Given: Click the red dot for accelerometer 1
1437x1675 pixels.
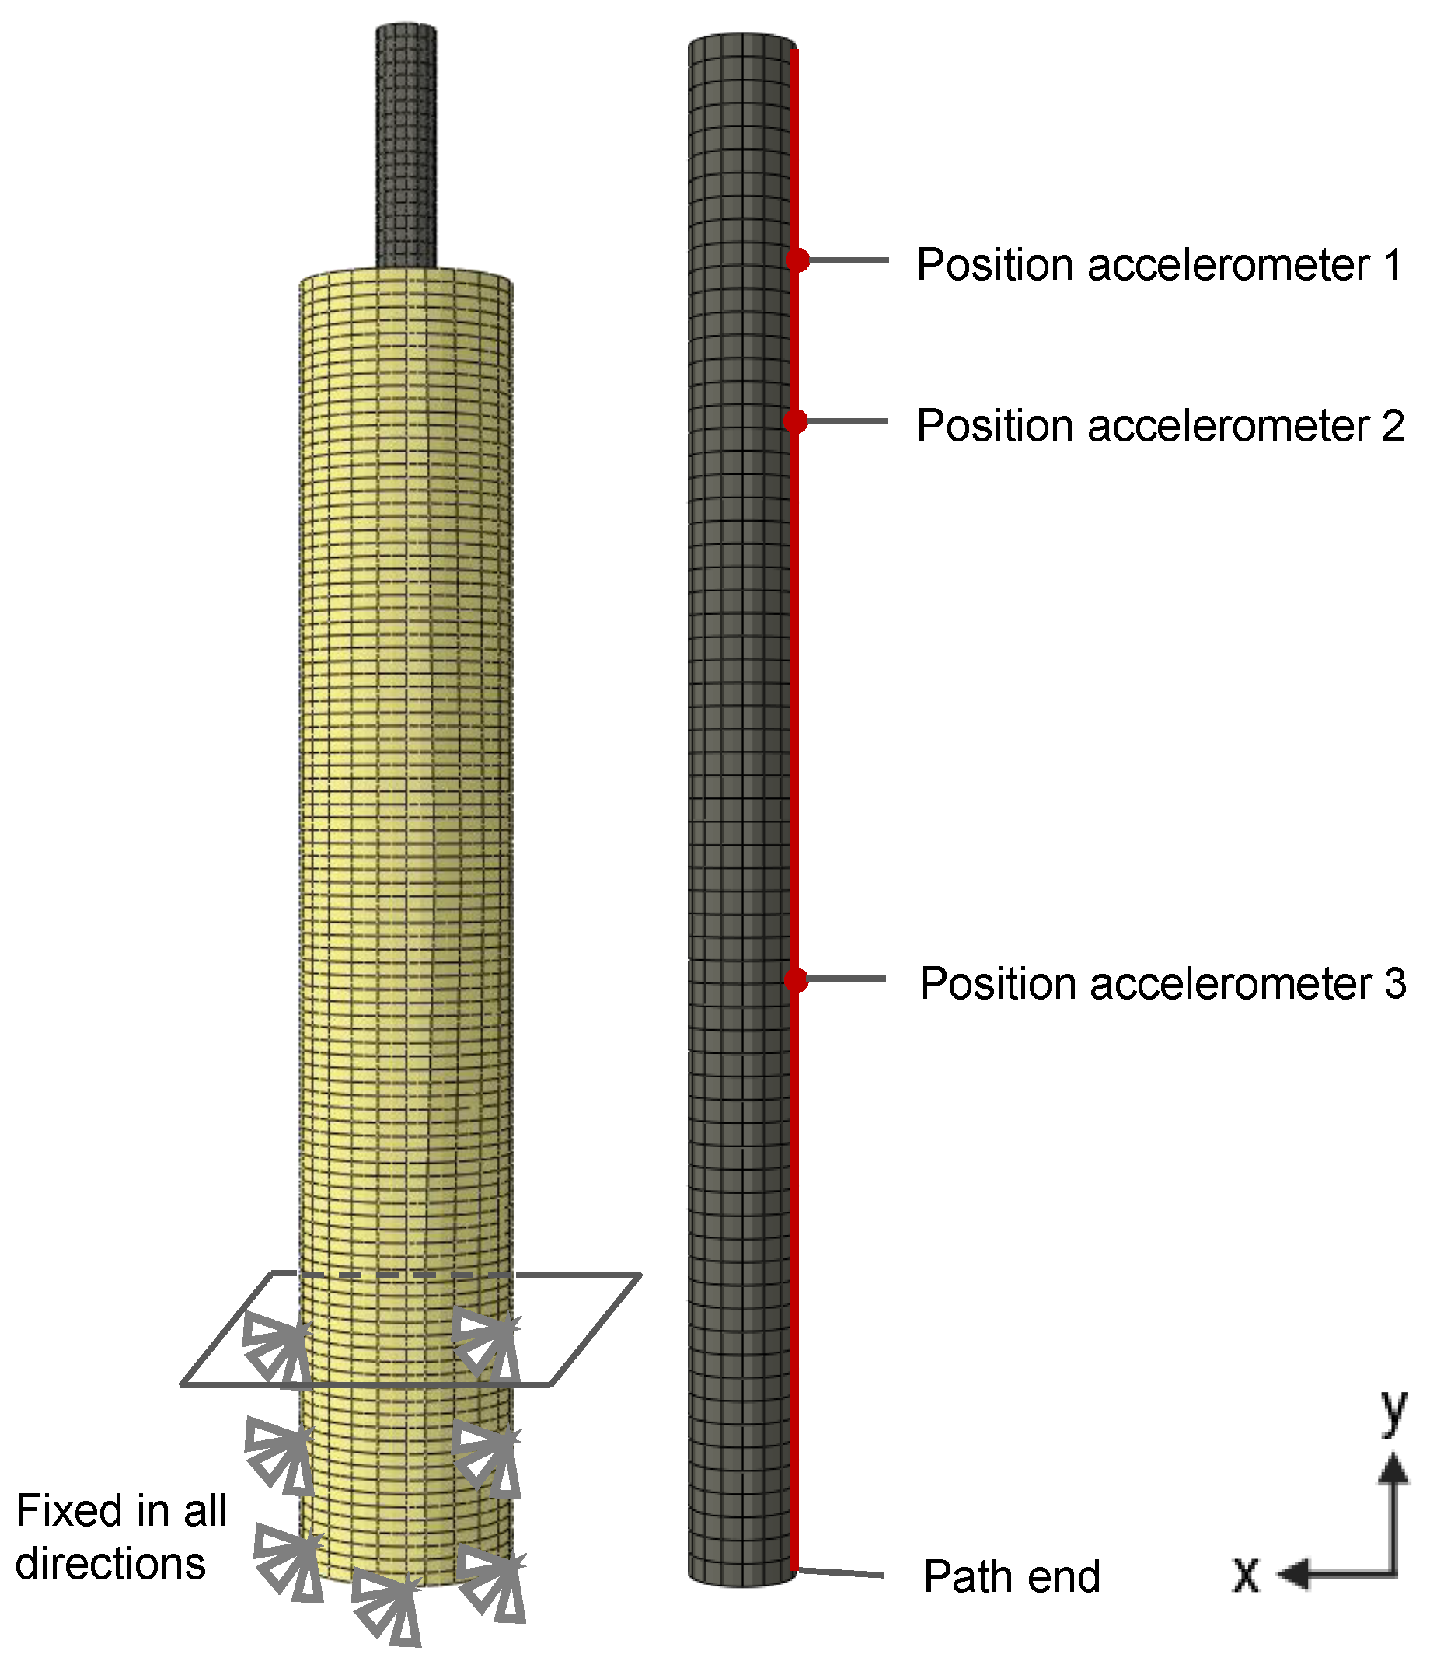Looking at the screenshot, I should click(x=797, y=260).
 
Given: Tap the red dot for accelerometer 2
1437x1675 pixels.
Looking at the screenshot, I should click(x=795, y=421).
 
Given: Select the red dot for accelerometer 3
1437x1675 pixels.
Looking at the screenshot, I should click(x=796, y=980).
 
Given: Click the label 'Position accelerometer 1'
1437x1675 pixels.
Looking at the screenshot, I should click(x=1159, y=265).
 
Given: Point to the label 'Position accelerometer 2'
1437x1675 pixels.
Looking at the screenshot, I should click(x=1160, y=426).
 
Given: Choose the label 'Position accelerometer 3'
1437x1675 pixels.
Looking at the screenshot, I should click(x=1162, y=984).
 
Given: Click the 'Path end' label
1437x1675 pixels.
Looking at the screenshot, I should click(x=1011, y=1576).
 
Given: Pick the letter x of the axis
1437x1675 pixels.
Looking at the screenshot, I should click(x=1246, y=1574).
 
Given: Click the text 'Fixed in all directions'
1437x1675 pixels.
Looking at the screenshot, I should click(x=121, y=1537).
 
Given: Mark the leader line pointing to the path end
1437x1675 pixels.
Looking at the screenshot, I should click(x=841, y=1572).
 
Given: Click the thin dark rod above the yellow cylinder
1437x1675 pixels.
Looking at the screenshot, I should click(x=406, y=145).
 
